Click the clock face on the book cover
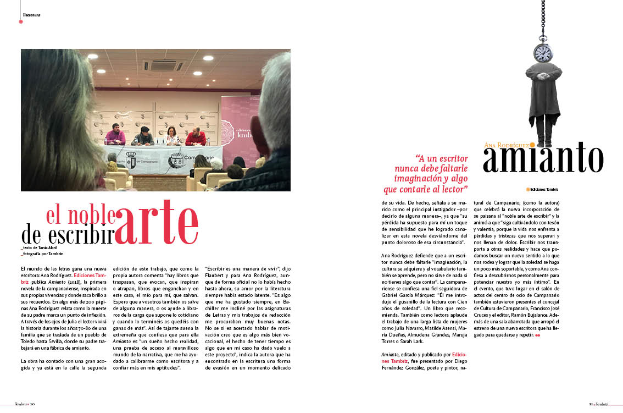(543, 53)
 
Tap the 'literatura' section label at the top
(32, 14)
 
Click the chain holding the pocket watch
(543, 19)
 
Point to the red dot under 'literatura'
(21, 22)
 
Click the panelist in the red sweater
(196, 137)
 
